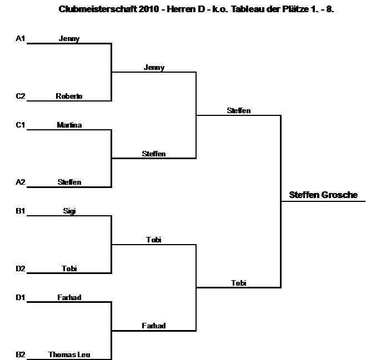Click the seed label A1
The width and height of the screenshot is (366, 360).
(21, 39)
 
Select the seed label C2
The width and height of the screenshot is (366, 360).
(21, 97)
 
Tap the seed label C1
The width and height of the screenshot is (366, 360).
(21, 125)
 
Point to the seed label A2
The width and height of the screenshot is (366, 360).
(21, 182)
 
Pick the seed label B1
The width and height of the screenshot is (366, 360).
(21, 211)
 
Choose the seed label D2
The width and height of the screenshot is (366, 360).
(21, 269)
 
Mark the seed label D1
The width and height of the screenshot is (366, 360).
(21, 298)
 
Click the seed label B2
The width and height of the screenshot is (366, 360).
(21, 355)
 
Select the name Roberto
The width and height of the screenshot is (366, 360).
(69, 97)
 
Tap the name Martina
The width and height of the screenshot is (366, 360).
(69, 125)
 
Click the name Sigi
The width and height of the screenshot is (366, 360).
(69, 211)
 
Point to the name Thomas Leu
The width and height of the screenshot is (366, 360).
(69, 355)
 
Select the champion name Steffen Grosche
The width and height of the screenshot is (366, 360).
(324, 195)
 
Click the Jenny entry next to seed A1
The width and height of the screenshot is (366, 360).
(69, 39)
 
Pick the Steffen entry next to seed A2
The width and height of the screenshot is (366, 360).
(69, 182)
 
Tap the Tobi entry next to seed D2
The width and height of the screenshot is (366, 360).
(69, 269)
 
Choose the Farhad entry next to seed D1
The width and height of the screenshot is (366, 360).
(69, 298)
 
